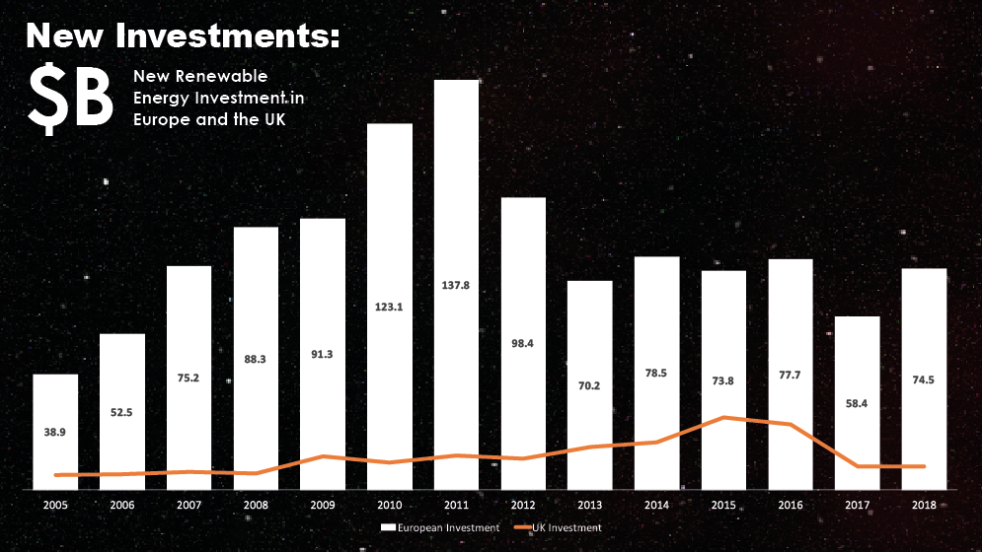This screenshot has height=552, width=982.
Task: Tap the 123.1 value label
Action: [389, 307]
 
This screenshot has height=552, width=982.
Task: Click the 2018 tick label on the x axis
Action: [924, 504]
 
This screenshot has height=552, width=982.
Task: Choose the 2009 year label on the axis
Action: [322, 504]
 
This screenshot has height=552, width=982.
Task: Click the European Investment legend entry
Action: [440, 528]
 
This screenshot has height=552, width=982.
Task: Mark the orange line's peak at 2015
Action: [723, 417]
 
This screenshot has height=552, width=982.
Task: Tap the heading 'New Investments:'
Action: [183, 36]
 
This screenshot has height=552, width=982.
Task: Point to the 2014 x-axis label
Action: [656, 504]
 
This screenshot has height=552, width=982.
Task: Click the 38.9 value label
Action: [55, 432]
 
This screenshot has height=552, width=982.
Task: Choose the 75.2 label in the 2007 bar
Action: [189, 348]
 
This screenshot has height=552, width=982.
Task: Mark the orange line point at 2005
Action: [55, 475]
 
